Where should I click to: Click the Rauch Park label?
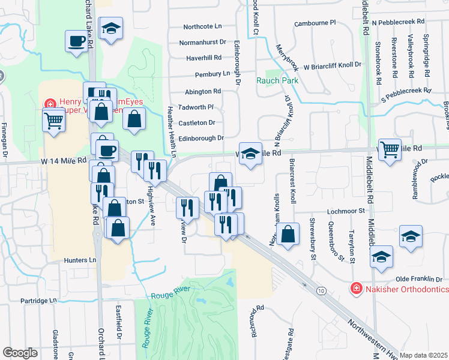(277, 80)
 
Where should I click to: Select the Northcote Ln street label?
(202, 26)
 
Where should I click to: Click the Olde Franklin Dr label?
(418, 279)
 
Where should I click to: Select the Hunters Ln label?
(80, 260)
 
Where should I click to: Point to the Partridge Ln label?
(38, 300)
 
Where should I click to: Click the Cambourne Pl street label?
(315, 23)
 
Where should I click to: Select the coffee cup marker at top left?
(77, 42)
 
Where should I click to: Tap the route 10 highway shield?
(322, 291)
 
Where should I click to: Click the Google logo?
(20, 353)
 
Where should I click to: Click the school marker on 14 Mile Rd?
(250, 152)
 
